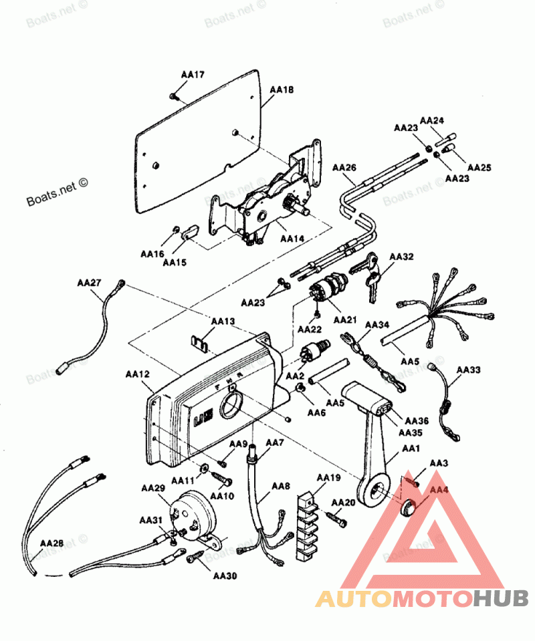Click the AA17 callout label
193,75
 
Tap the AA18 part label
282,89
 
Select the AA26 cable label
344,167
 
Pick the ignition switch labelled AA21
327,289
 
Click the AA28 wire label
51,543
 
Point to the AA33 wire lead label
468,369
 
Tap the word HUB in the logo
502,598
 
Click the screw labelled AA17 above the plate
173,97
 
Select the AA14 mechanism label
292,238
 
